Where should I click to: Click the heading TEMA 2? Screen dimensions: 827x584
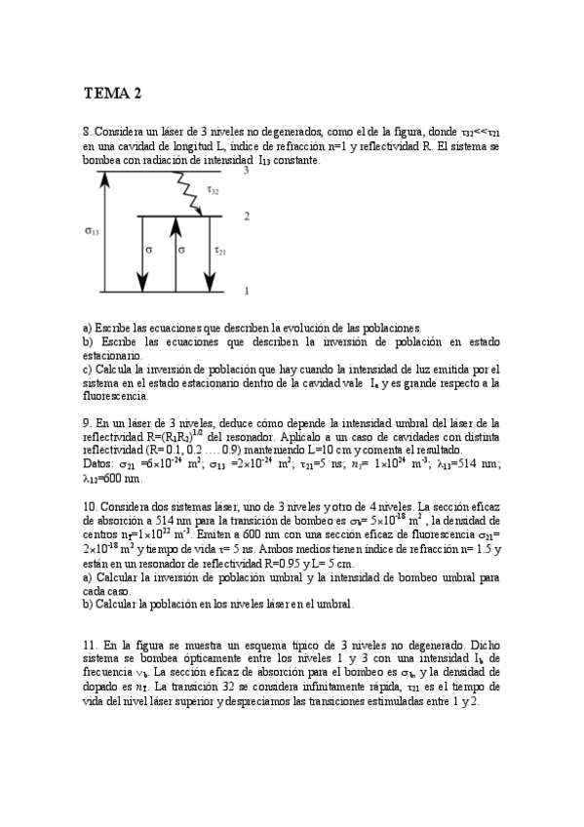tap(112, 94)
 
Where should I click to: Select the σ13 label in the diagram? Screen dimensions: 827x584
tap(91, 231)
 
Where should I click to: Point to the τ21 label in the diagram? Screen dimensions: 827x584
tap(220, 250)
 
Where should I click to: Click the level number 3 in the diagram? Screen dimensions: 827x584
tap(246, 171)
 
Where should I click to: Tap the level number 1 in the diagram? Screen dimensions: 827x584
tap(246, 291)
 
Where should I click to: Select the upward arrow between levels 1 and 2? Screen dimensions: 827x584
tap(175, 254)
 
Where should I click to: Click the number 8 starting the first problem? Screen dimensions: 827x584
tap(86, 130)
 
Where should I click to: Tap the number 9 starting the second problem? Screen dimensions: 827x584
tap(86, 423)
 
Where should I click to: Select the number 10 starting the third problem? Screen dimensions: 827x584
tap(89, 508)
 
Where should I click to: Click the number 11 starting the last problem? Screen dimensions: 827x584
tap(89, 646)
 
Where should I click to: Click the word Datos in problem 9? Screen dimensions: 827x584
tap(99, 465)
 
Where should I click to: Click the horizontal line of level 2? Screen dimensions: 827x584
tap(185, 217)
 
